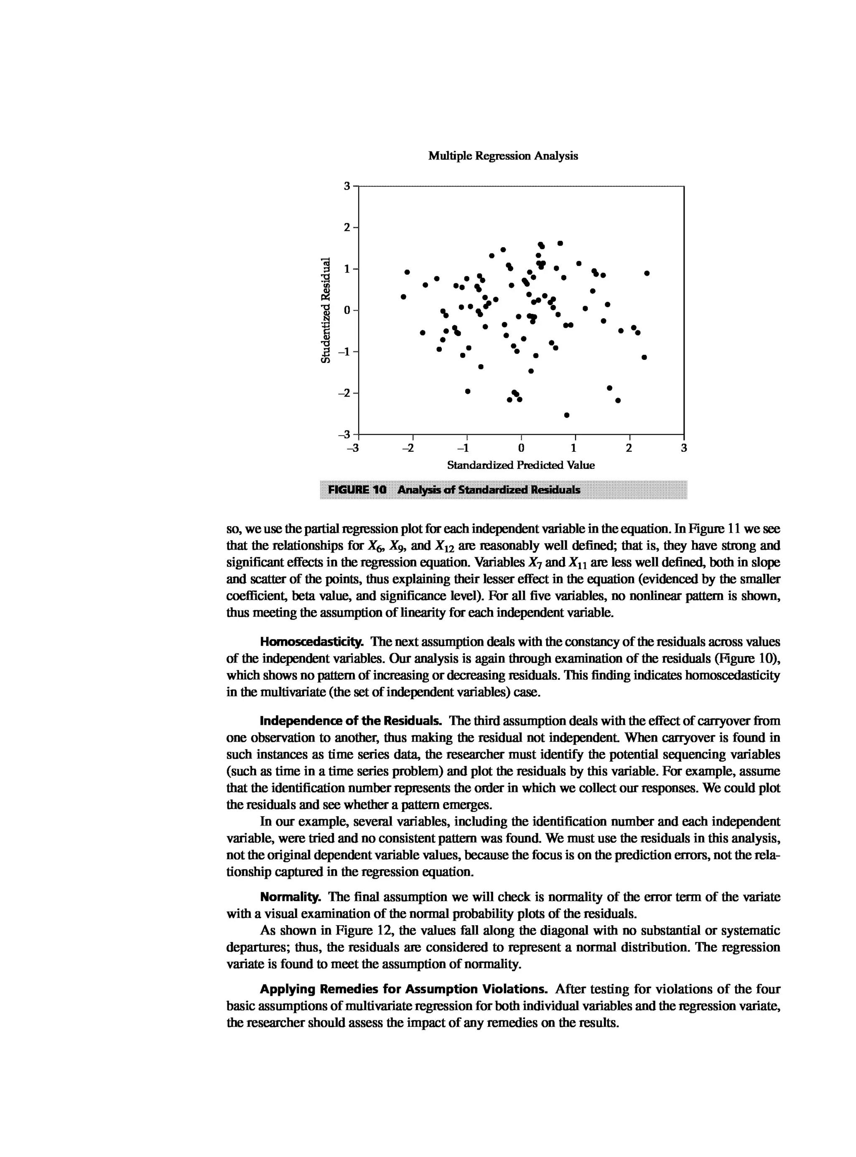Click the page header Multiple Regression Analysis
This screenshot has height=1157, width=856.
coord(503,156)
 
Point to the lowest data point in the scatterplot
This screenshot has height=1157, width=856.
coord(566,415)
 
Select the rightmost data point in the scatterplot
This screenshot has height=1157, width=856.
coord(647,273)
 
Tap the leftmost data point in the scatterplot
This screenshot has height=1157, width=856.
coord(404,296)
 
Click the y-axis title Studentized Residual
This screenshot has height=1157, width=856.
coord(326,310)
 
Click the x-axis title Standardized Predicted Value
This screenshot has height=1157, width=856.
coord(521,465)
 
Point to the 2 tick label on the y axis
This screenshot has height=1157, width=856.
coord(348,227)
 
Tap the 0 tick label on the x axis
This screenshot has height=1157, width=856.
coord(521,448)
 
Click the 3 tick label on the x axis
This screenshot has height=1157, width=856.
coord(683,448)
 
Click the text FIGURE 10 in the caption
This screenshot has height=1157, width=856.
coord(357,490)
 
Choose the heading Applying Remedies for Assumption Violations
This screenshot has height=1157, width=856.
coord(403,989)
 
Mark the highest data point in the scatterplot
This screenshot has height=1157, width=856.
coord(560,243)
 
